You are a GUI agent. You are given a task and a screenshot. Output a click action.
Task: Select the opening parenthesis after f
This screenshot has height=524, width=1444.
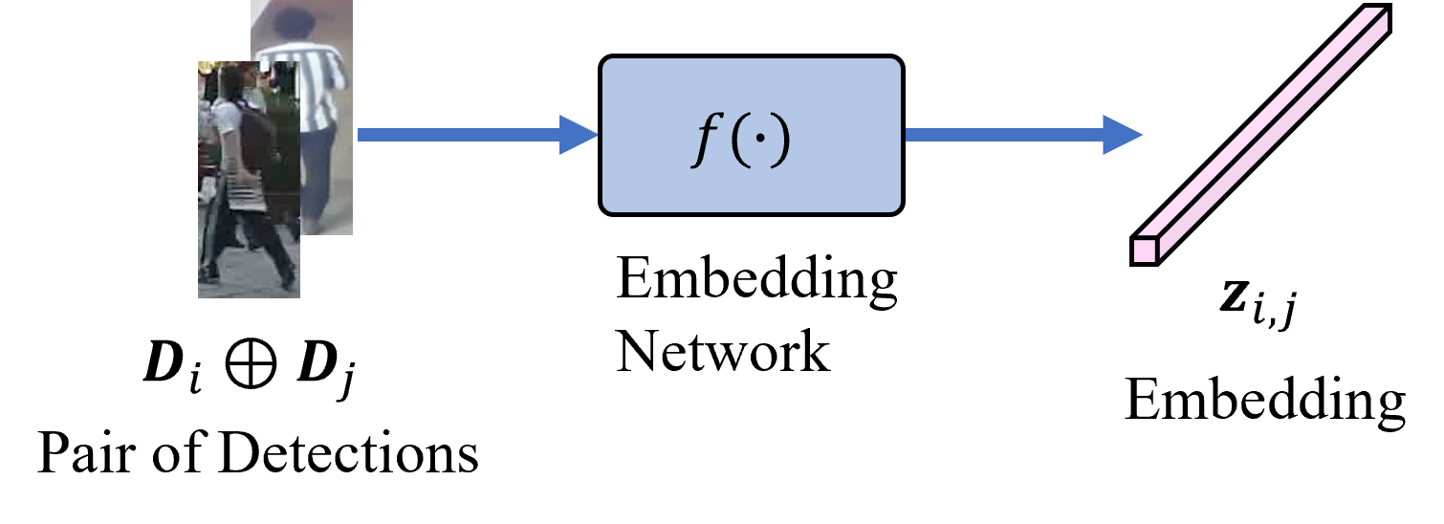click(738, 140)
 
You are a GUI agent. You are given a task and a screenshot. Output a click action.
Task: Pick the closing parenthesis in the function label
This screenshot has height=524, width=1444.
click(782, 140)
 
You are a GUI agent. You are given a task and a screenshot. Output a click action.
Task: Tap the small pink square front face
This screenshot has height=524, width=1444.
click(1144, 251)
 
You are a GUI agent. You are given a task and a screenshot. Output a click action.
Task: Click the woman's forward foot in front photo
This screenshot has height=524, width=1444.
click(288, 283)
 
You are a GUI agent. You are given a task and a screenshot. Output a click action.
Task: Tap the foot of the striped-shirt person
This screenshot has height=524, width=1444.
click(311, 228)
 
